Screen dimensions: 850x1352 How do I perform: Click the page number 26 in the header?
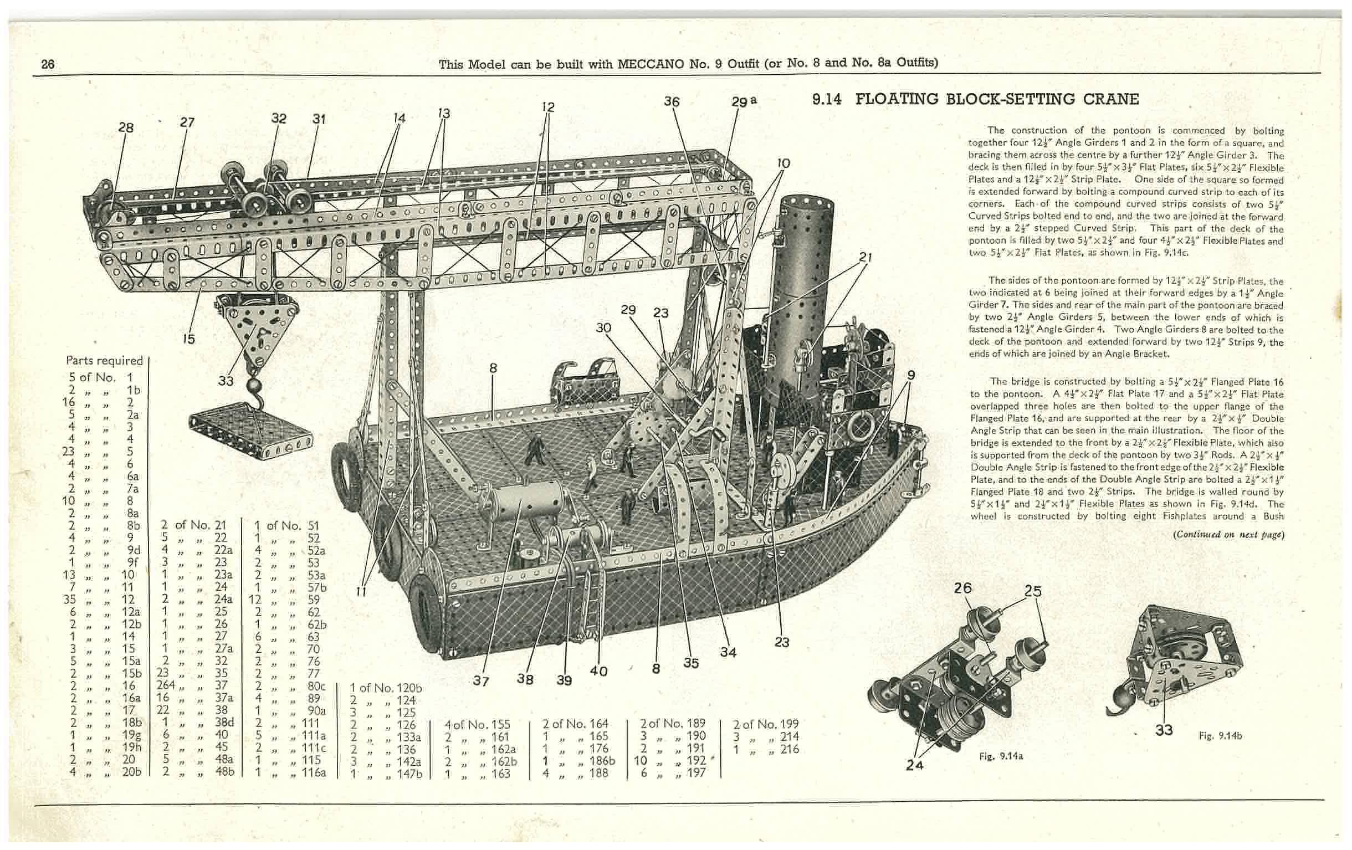[x=48, y=64]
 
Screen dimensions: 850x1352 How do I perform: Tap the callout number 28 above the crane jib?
[x=126, y=127]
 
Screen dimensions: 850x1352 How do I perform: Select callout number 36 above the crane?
[x=672, y=101]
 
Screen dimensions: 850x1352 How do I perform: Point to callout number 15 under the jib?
[x=188, y=339]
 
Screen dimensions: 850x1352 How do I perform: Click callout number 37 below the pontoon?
[x=480, y=680]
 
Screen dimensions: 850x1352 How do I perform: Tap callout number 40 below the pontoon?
[x=599, y=671]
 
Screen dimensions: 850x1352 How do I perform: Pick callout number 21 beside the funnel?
[x=865, y=257]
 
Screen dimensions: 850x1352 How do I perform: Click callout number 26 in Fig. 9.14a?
[x=962, y=588]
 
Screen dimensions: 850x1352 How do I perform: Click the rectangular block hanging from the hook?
[x=251, y=433]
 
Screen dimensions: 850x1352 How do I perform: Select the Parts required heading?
[x=104, y=360]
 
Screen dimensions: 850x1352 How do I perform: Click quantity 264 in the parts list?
[x=166, y=685]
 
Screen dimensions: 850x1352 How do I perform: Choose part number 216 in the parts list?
[x=790, y=749]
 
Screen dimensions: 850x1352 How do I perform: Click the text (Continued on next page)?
[x=1228, y=534]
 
